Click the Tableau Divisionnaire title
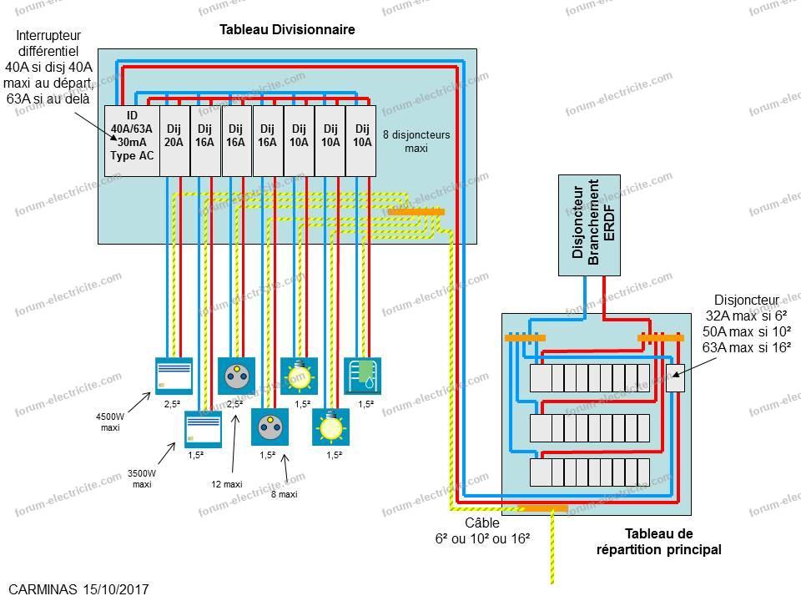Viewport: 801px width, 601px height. click(x=287, y=30)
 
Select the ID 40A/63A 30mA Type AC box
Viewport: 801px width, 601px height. click(x=131, y=140)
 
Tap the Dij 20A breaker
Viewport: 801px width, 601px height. click(x=174, y=140)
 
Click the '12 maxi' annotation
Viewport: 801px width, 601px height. click(x=226, y=483)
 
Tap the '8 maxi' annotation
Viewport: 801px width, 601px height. click(x=286, y=494)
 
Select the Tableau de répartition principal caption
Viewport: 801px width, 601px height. click(x=659, y=541)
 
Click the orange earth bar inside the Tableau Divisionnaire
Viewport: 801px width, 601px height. click(x=416, y=212)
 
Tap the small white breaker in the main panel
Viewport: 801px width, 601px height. click(x=675, y=378)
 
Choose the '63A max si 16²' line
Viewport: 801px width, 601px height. click(x=747, y=347)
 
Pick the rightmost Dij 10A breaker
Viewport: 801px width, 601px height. click(x=361, y=140)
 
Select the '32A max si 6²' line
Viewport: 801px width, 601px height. click(x=747, y=316)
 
